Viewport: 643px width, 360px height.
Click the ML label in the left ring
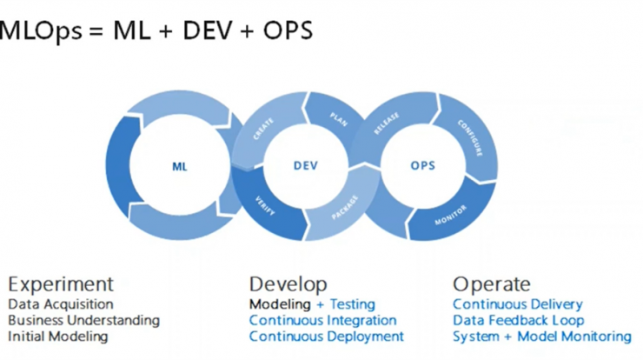coord(180,166)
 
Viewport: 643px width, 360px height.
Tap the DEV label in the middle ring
coord(306,165)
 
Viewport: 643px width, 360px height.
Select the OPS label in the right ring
coord(423,165)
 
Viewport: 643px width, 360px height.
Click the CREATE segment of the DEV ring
coord(263,129)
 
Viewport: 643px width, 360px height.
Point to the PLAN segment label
coord(339,119)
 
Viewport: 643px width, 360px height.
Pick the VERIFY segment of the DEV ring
coord(265,206)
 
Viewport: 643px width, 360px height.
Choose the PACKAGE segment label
coord(345,207)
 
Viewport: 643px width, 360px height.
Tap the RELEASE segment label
coord(387,123)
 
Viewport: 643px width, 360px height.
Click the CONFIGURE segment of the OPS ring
coord(470,138)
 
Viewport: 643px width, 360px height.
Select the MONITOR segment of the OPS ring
coord(451,215)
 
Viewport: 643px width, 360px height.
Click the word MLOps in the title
coord(40,30)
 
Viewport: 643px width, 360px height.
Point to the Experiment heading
coord(61,284)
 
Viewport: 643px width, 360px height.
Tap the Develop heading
coord(288,284)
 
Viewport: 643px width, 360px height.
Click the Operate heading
coord(492,284)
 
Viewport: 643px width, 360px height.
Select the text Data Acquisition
coord(61,304)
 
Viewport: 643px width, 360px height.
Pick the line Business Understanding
coord(83,320)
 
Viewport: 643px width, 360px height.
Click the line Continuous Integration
coord(322,320)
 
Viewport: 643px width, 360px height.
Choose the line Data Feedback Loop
coord(519,320)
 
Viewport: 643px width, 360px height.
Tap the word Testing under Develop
coord(353,304)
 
